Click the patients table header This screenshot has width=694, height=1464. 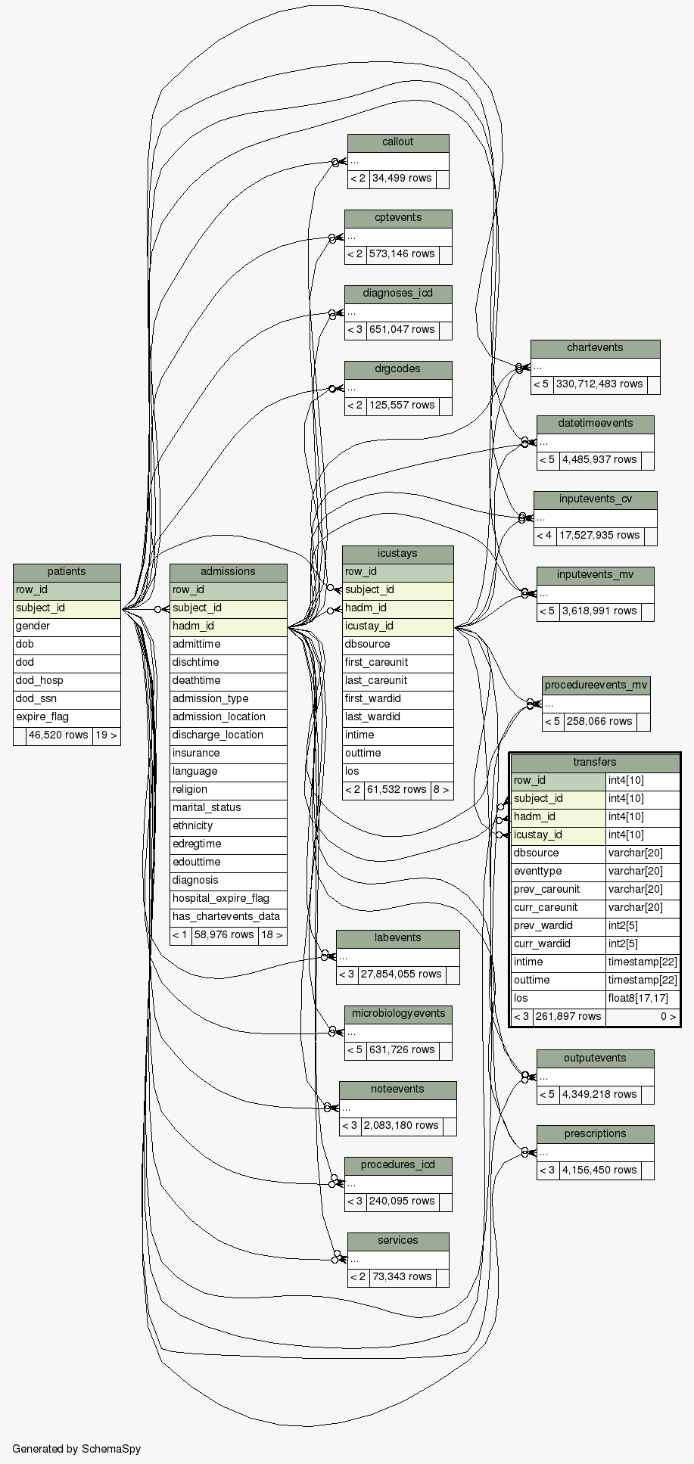pos(67,572)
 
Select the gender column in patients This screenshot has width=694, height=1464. pos(33,626)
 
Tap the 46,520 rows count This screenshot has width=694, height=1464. pos(58,735)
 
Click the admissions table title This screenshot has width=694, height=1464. pos(228,572)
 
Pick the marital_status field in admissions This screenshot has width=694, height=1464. pos(207,808)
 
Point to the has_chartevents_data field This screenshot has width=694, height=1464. pos(226,917)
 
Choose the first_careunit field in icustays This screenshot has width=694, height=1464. pos(376,663)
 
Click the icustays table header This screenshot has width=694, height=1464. pos(397,554)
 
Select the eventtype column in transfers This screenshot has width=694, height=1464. pos(538,872)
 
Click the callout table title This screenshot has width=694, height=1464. pos(398,142)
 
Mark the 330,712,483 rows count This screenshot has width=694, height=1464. pos(599,384)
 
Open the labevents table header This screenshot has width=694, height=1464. pos(397,938)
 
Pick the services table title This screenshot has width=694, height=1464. pos(398,1241)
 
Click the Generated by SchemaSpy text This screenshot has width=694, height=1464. pos(76,1449)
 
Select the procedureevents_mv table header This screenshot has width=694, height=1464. pos(596,685)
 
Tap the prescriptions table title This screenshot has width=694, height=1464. pos(595,1134)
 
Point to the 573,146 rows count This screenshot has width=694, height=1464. pos(402,254)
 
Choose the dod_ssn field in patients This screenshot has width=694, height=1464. pos(36,699)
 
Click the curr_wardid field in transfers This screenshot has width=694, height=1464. pos(543,944)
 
